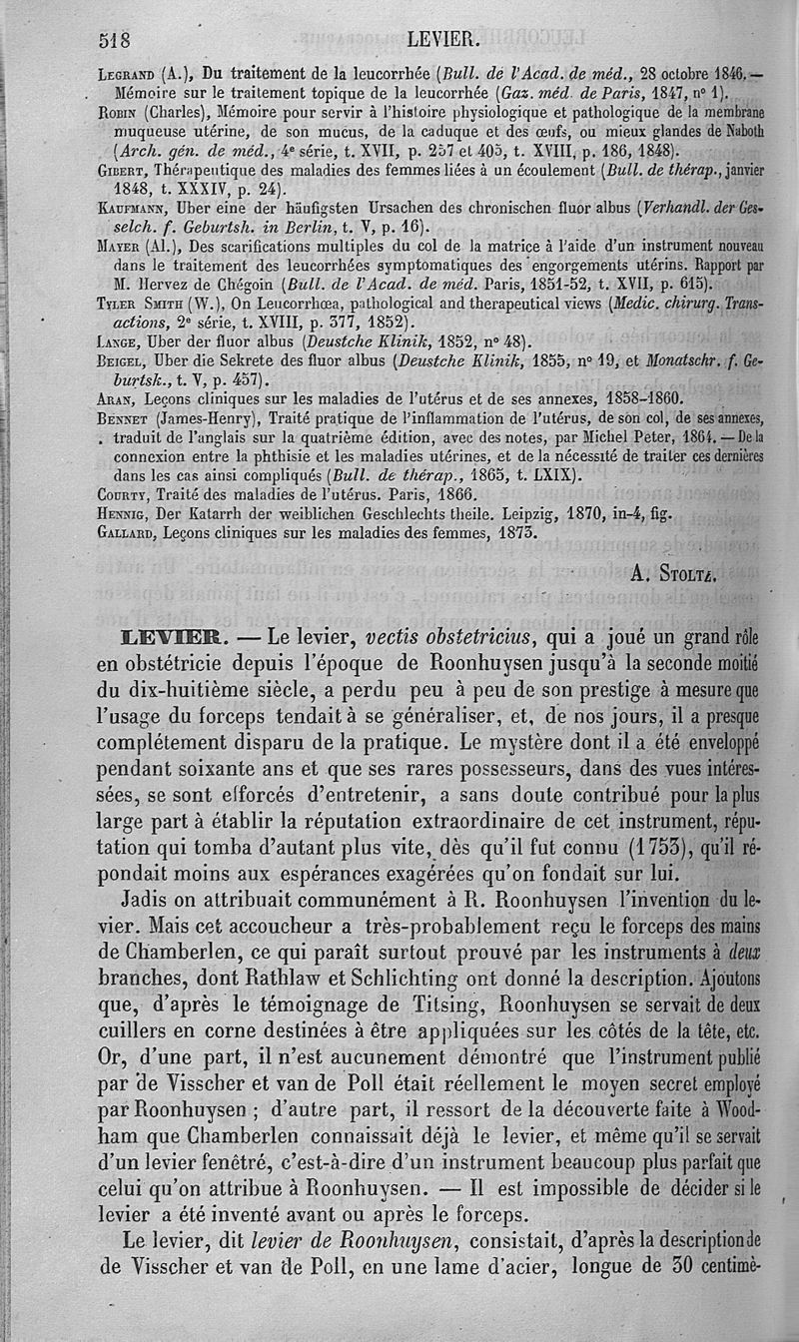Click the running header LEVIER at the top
pos(443,40)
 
